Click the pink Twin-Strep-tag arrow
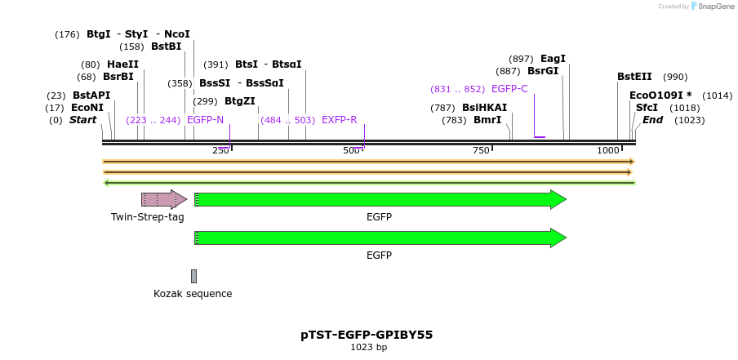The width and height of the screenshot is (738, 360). pos(163,199)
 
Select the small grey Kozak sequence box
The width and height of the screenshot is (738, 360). pos(193,276)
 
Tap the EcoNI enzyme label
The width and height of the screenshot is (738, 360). pos(87,108)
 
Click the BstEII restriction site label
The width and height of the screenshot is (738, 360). pos(634,77)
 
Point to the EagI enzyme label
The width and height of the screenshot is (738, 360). pos(553,59)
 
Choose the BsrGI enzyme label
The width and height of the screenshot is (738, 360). pos(543,71)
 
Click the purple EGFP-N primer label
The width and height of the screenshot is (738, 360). pos(205,120)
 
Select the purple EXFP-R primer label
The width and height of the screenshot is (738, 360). pos(340,120)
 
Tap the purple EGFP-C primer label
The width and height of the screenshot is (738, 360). pos(509,89)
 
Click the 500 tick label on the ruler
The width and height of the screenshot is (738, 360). pos(351,150)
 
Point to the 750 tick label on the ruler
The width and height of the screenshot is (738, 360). pos(481,150)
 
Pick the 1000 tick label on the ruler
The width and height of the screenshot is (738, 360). pos(608,150)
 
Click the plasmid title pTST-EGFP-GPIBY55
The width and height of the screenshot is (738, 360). pos(367,335)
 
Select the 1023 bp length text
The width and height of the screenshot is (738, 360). pos(368,348)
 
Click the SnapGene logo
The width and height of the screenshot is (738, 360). pos(712,7)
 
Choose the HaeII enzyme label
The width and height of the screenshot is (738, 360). pos(122,64)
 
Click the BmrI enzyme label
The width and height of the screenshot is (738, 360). pos(487,120)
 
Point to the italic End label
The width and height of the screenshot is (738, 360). pos(652,120)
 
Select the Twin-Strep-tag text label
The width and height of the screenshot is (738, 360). pos(148,217)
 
